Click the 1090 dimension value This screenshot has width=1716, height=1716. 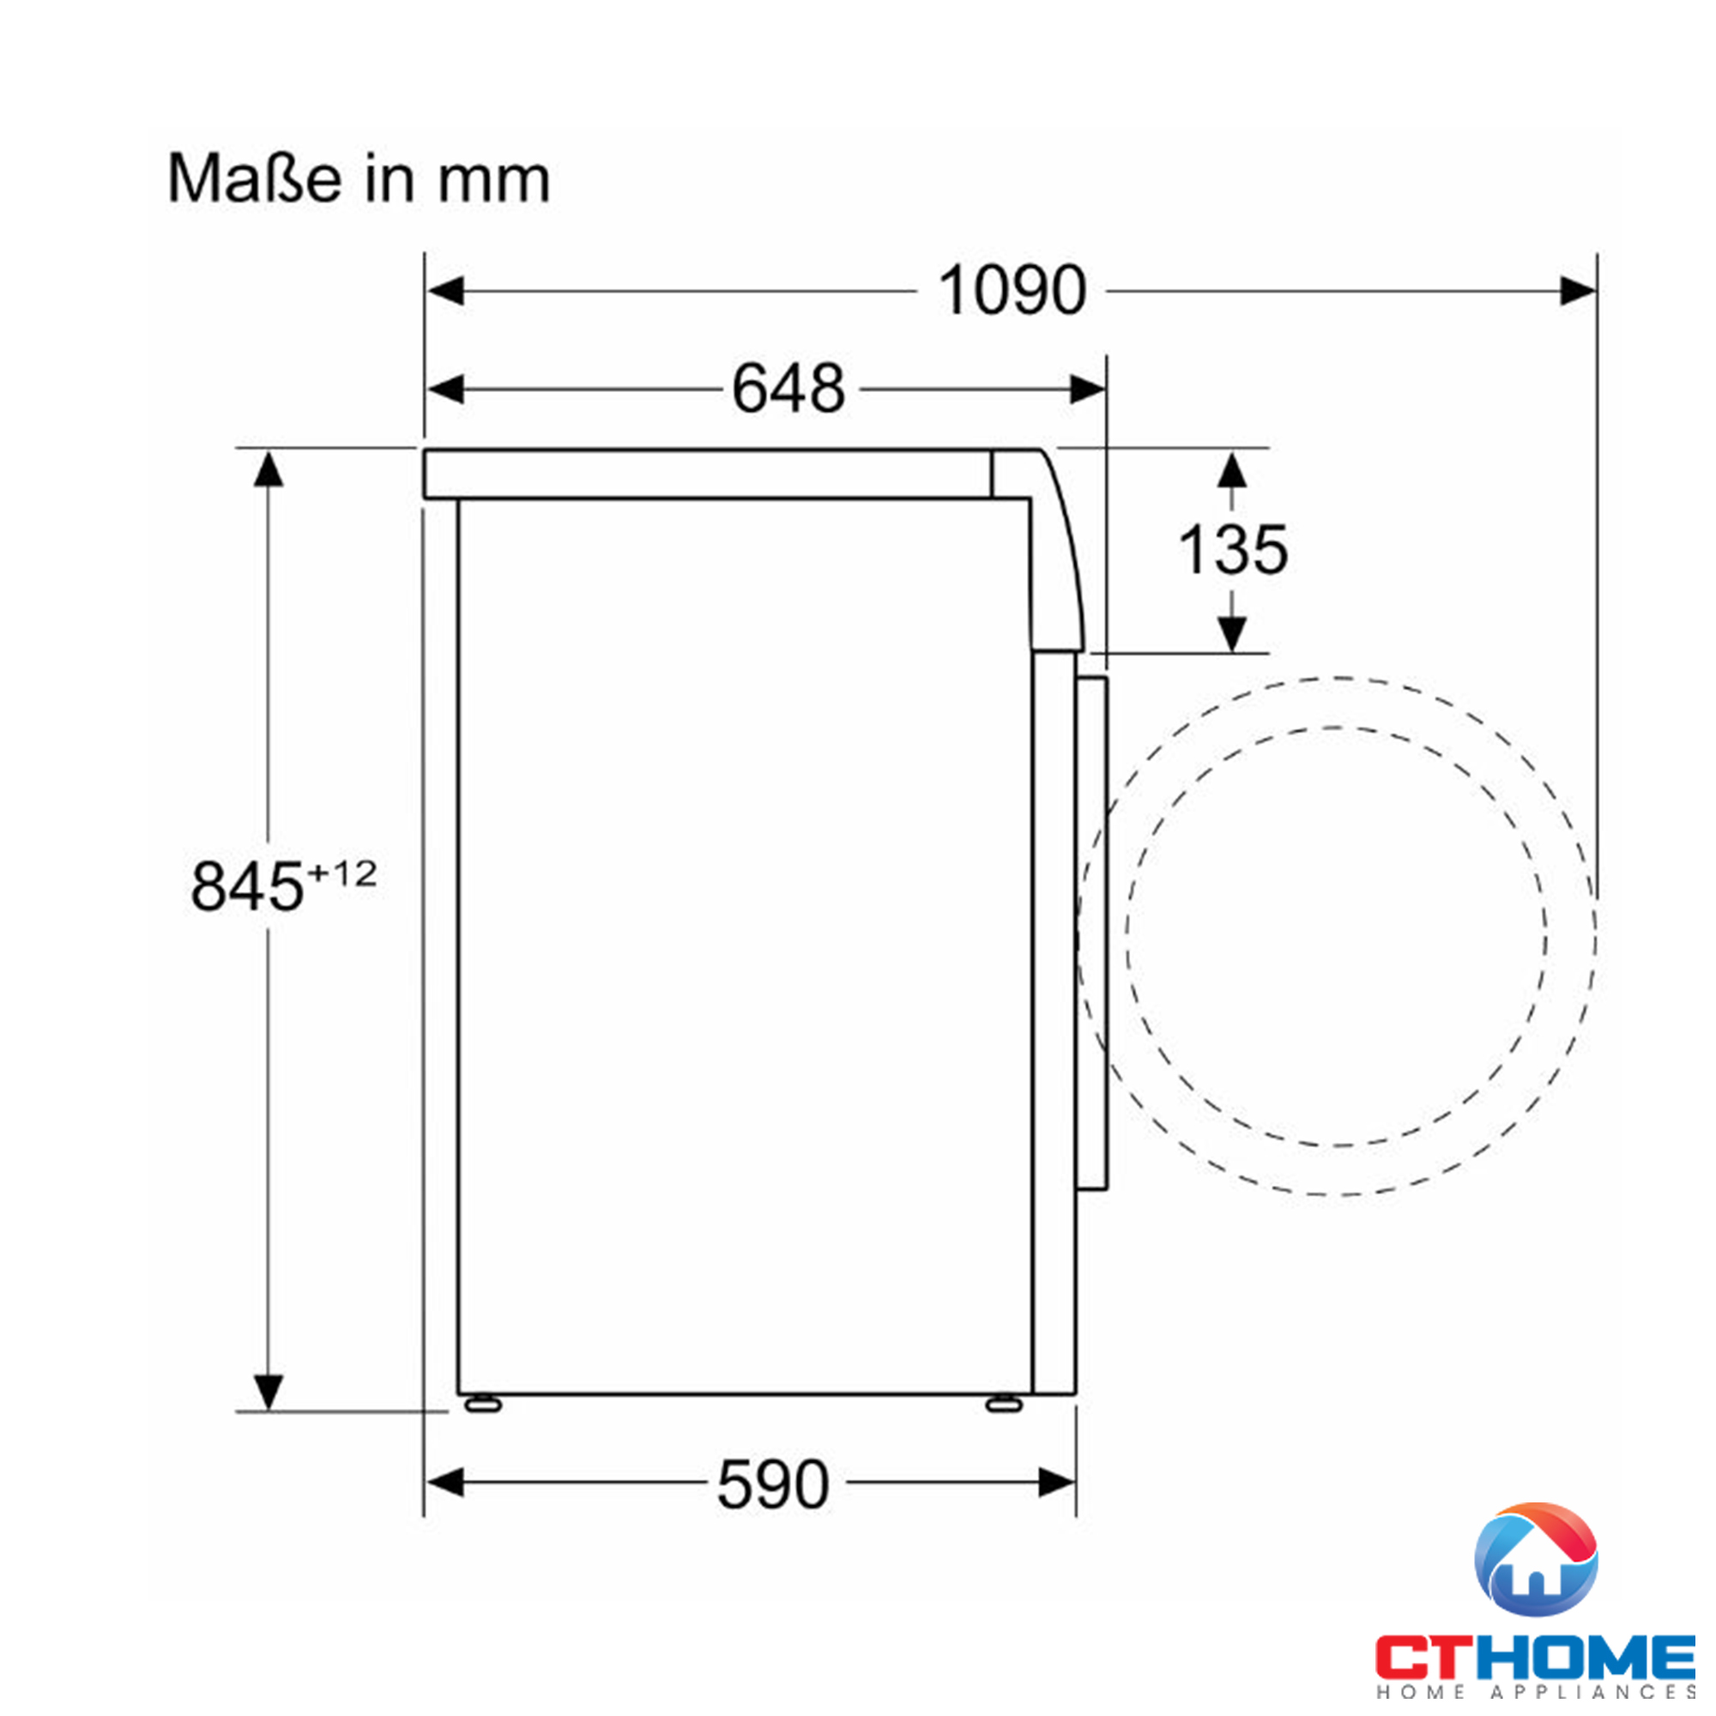click(1012, 291)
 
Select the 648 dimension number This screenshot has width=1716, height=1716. click(788, 389)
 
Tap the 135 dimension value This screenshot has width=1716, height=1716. click(1233, 550)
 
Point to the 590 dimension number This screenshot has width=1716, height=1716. click(773, 1484)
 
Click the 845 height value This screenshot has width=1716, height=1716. click(247, 886)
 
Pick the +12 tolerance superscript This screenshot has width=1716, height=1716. click(342, 874)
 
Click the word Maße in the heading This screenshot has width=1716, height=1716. click(255, 179)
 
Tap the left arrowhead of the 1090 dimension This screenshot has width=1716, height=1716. click(445, 291)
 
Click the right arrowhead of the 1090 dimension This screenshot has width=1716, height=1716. click(1579, 291)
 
